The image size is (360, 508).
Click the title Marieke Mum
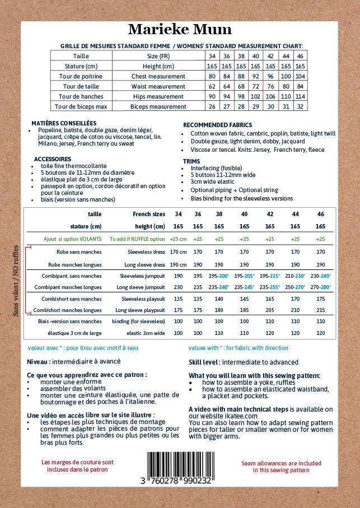(x=180, y=30)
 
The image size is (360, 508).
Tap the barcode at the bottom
(x=180, y=465)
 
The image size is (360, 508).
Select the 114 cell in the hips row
(x=300, y=96)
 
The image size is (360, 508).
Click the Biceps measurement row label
(x=158, y=106)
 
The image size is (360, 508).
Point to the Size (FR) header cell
(x=158, y=56)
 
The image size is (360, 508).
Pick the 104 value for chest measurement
(x=300, y=76)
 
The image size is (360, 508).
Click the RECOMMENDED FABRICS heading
(x=217, y=125)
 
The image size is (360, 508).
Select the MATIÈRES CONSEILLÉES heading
(x=64, y=123)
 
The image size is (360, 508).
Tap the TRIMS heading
(x=191, y=161)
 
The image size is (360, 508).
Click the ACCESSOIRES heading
(x=53, y=159)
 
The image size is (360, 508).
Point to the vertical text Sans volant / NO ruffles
(x=16, y=280)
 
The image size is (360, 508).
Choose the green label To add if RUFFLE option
(x=137, y=239)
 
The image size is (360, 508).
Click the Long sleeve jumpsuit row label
(x=141, y=287)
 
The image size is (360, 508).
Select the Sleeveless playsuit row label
(x=143, y=299)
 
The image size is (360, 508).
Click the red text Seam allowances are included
(x=281, y=463)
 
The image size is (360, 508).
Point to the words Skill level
(x=203, y=362)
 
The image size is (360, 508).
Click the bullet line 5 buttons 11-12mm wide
(x=223, y=175)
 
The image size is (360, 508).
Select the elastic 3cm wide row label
(x=146, y=333)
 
